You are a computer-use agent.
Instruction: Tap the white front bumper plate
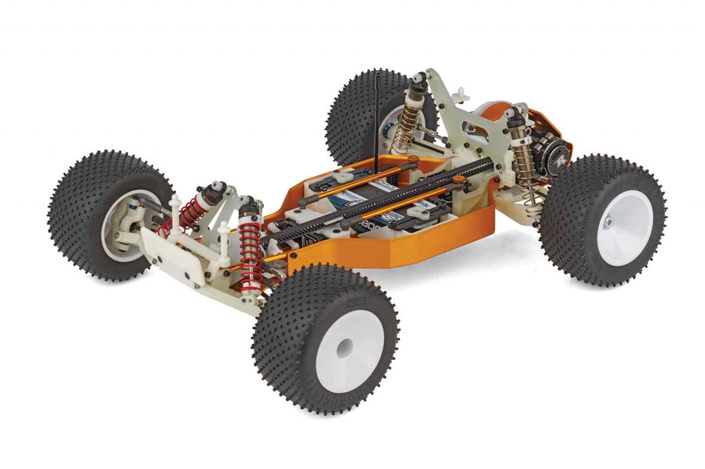click(171, 252)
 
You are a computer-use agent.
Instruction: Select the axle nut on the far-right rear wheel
click(608, 222)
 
